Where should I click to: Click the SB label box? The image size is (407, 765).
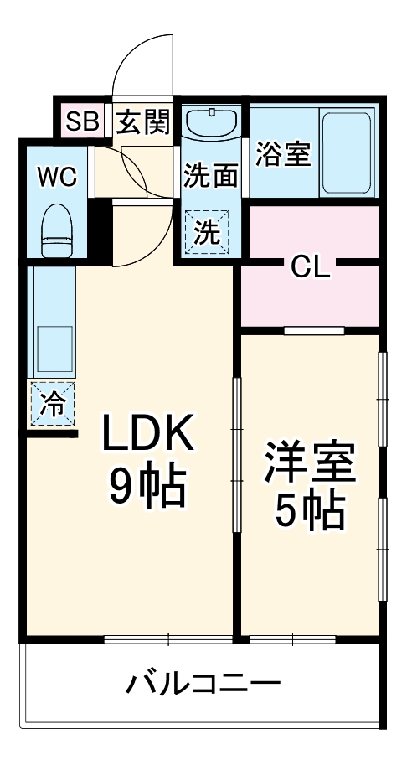pos(82,122)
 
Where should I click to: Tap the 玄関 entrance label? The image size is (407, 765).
pos(142,123)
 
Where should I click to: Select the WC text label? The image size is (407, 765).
pos(56,177)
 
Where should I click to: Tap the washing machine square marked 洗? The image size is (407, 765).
pos(205,230)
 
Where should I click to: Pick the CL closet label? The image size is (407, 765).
pos(312,267)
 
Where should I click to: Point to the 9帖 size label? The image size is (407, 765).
pos(147,488)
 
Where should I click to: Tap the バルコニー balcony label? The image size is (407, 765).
pos(203,683)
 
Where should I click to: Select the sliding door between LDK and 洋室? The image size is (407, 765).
pos(237,452)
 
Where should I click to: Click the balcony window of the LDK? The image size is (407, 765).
pos(167,640)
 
